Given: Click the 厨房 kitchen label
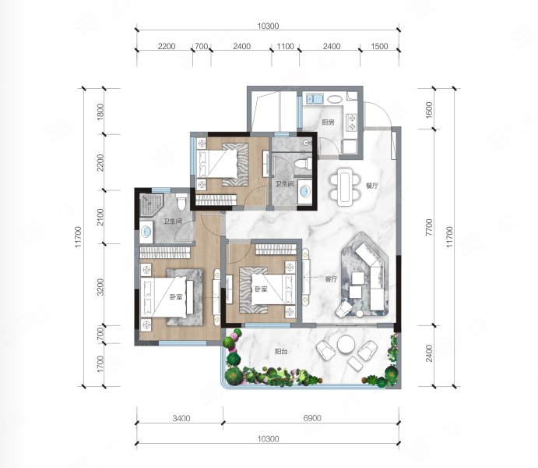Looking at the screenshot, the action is pyautogui.click(x=328, y=122).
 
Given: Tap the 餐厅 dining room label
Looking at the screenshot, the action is pyautogui.click(x=372, y=186).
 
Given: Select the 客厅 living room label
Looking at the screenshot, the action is pyautogui.click(x=331, y=279).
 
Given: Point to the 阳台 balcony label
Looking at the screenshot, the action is pyautogui.click(x=280, y=352).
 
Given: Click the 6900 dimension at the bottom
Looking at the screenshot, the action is pyautogui.click(x=312, y=418).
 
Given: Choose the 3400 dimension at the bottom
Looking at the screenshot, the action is pyautogui.click(x=181, y=418).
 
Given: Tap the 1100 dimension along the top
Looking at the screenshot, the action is pyautogui.click(x=286, y=46).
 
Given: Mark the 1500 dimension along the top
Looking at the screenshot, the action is pyautogui.click(x=379, y=46).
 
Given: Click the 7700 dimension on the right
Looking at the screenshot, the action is pyautogui.click(x=429, y=227).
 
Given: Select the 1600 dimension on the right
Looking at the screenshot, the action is pyautogui.click(x=429, y=110).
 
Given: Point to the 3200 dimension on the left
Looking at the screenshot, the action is pyautogui.click(x=100, y=287).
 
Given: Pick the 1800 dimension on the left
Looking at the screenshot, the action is pyautogui.click(x=100, y=112).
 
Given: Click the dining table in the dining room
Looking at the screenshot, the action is pyautogui.click(x=345, y=186).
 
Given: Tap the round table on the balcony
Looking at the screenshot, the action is pyautogui.click(x=346, y=345).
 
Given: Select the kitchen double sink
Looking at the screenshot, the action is pyautogui.click(x=315, y=98).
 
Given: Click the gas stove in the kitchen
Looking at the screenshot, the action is pyautogui.click(x=352, y=122).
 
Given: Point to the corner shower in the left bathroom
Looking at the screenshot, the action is pyautogui.click(x=151, y=205).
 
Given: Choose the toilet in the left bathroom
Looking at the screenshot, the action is pyautogui.click(x=182, y=202).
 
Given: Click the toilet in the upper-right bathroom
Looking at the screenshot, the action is pyautogui.click(x=304, y=162).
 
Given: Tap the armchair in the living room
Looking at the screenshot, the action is pyautogui.click(x=343, y=309).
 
